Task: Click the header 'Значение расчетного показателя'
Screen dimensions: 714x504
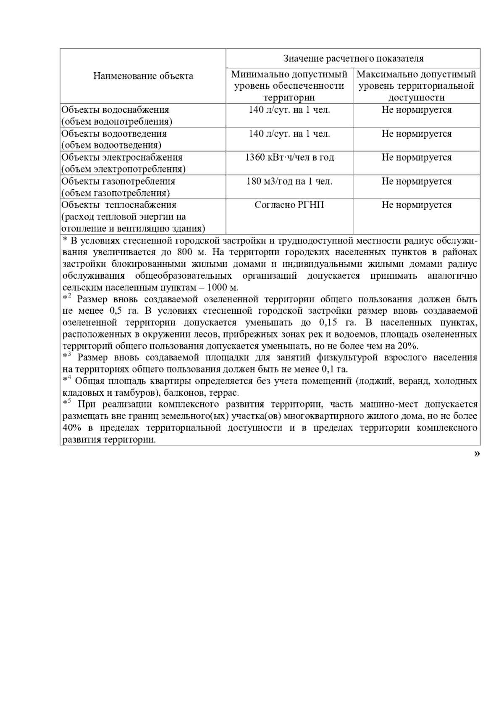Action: pyautogui.click(x=353, y=58)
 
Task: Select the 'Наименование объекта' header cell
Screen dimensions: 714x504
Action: pyautogui.click(x=143, y=76)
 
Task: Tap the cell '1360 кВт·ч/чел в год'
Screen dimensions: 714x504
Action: pyautogui.click(x=289, y=158)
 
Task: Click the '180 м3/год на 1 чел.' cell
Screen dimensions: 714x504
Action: pyautogui.click(x=289, y=182)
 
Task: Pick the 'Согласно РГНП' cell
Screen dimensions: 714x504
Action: pyautogui.click(x=289, y=205)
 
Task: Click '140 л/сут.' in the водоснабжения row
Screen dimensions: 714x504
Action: pyautogui.click(x=289, y=110)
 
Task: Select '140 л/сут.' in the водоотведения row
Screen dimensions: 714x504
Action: pyautogui.click(x=289, y=134)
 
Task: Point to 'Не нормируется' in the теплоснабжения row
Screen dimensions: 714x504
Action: pyautogui.click(x=416, y=205)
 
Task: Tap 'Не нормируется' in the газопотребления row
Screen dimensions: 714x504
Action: pyautogui.click(x=416, y=182)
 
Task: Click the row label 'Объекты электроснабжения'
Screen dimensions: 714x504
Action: pyautogui.click(x=122, y=158)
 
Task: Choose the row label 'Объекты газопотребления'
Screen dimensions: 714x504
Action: pyautogui.click(x=118, y=182)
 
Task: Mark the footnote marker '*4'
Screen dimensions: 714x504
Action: pyautogui.click(x=67, y=380)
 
